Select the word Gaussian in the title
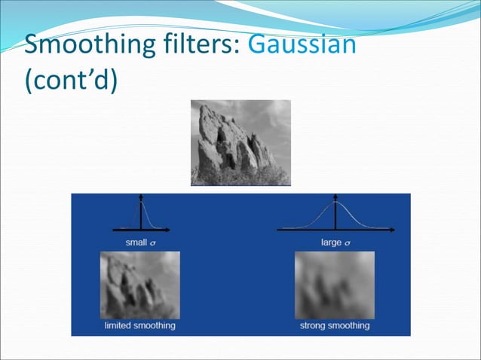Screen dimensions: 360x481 click(x=301, y=46)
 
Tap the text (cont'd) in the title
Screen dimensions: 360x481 click(x=71, y=80)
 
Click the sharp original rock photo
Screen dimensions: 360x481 click(x=240, y=142)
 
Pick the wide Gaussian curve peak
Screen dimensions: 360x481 click(x=335, y=203)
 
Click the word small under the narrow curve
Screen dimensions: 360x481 click(x=136, y=242)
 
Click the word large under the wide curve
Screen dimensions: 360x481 click(x=330, y=242)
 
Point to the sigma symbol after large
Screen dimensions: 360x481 click(x=348, y=243)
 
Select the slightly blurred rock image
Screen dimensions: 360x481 click(x=140, y=285)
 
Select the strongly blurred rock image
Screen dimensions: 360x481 click(x=334, y=285)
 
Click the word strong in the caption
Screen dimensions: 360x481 click(x=314, y=325)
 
